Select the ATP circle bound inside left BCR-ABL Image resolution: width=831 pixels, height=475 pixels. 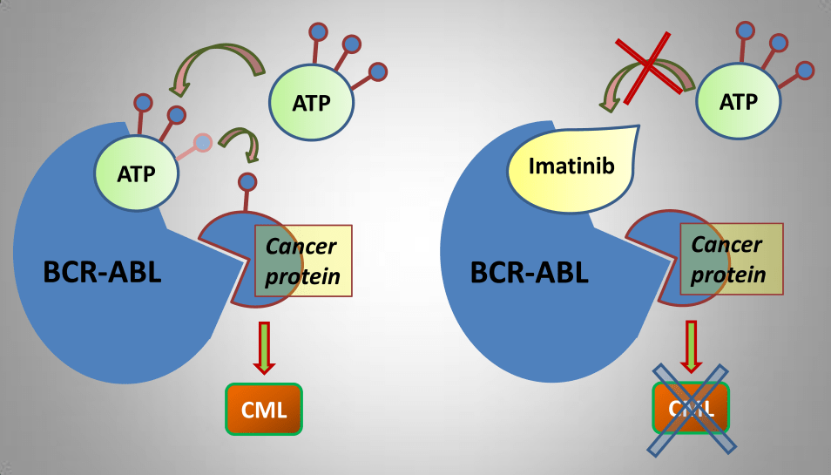click(x=136, y=173)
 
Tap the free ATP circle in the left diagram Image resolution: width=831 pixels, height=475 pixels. click(x=311, y=102)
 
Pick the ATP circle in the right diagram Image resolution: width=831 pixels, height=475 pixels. click(x=738, y=101)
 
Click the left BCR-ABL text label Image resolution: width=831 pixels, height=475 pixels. click(x=102, y=272)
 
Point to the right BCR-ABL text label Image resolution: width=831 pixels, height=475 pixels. click(x=529, y=272)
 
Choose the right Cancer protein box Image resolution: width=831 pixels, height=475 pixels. click(x=730, y=260)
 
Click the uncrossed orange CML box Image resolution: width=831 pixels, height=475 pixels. click(x=263, y=409)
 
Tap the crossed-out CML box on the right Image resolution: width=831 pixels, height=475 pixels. click(x=691, y=409)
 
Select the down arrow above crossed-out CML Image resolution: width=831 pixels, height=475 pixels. click(x=692, y=346)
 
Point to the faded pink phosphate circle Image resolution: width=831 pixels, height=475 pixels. click(x=202, y=141)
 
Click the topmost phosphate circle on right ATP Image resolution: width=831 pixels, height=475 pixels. click(x=746, y=30)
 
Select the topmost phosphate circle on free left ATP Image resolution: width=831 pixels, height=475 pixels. click(x=319, y=31)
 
